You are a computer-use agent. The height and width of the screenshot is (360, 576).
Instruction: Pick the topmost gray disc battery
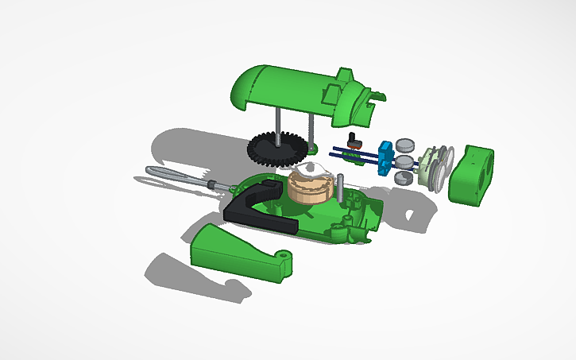pyautogui.click(x=407, y=144)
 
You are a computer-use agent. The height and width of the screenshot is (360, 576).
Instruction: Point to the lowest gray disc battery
pyautogui.click(x=404, y=177)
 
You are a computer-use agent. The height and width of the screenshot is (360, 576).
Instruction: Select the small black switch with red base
pyautogui.click(x=355, y=143)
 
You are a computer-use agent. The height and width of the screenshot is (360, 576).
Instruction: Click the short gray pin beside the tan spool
pyautogui.click(x=341, y=186)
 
